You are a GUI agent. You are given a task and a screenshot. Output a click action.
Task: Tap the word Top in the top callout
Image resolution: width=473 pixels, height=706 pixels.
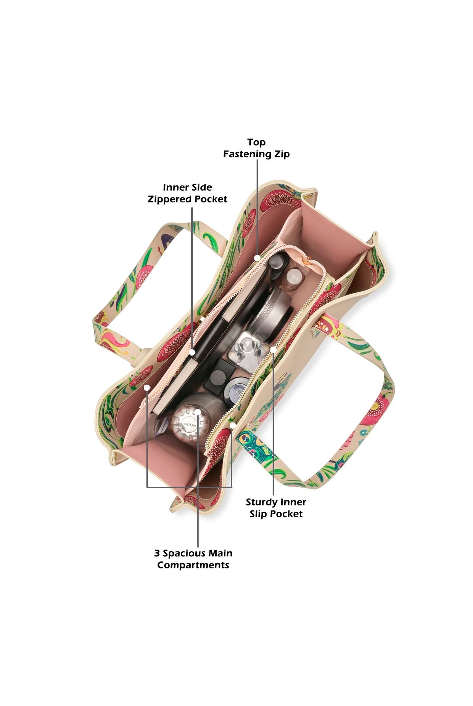256,142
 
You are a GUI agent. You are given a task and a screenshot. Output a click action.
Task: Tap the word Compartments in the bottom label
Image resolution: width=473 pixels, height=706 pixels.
193,565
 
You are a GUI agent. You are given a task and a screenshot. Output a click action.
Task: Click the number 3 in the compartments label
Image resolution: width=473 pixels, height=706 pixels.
157,553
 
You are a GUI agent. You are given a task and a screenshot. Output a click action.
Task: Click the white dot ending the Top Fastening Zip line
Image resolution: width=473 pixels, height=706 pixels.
257,258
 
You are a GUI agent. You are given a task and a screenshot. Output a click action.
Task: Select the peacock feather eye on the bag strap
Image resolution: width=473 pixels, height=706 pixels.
246,442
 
